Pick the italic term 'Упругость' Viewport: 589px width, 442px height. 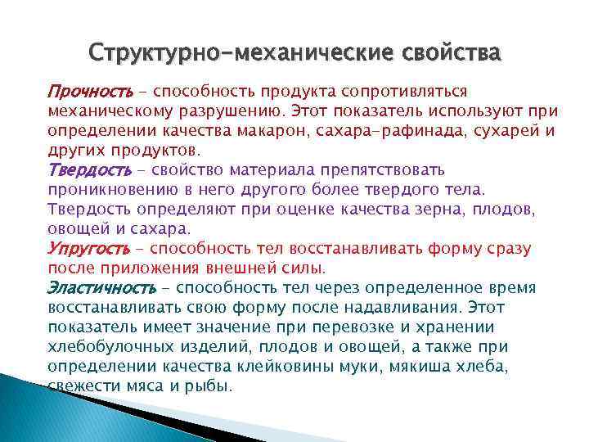(x=88, y=248)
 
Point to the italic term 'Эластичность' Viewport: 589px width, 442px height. (x=101, y=288)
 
